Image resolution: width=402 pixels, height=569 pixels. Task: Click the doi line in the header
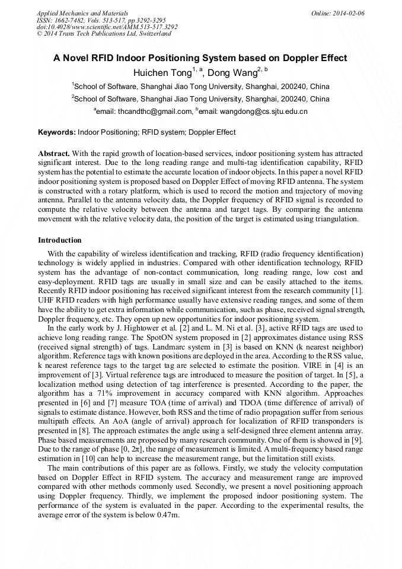107,27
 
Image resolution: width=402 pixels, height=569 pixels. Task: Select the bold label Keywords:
57,132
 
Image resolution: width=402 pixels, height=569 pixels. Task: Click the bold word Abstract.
54,153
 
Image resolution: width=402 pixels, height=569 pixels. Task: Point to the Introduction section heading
60,240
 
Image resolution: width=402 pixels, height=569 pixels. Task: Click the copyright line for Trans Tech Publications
104,34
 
